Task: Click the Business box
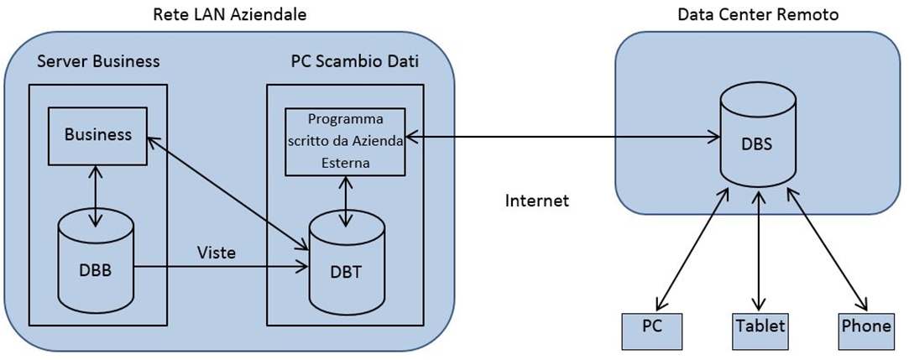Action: click(x=98, y=134)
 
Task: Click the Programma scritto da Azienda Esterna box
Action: click(x=345, y=141)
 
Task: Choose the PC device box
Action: click(x=651, y=326)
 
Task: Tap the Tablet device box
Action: click(x=760, y=326)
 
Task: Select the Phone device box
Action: click(x=865, y=326)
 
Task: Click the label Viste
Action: click(x=217, y=251)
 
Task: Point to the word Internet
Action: click(x=537, y=201)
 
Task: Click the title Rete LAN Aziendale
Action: click(x=230, y=14)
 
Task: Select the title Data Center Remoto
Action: click(x=757, y=14)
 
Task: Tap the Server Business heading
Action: click(x=99, y=62)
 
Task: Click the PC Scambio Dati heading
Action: click(x=355, y=62)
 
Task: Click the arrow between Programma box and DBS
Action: click(x=562, y=134)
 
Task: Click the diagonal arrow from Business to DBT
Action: click(x=227, y=189)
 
